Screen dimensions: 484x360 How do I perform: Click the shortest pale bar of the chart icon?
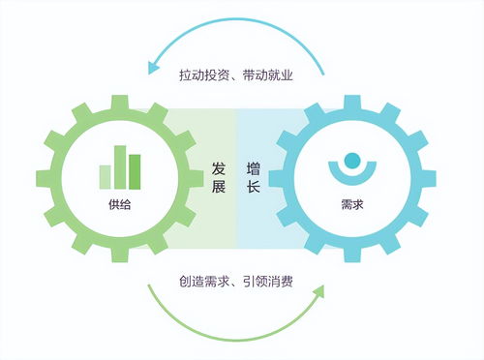[106, 177]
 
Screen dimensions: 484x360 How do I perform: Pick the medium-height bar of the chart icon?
[136, 172]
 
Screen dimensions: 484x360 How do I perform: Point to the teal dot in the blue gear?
[352, 160]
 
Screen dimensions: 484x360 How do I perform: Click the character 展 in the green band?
[220, 188]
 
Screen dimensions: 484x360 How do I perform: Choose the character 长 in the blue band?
[253, 188]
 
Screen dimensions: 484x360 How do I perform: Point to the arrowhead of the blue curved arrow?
[152, 67]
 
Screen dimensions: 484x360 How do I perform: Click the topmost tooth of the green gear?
[121, 99]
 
